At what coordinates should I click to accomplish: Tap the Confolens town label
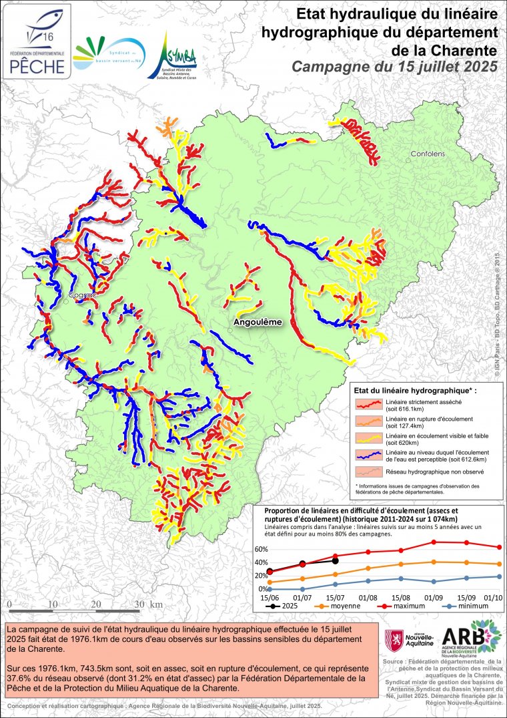[427, 154]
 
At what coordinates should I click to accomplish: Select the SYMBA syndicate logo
[171, 55]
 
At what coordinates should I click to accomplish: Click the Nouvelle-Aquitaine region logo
[410, 642]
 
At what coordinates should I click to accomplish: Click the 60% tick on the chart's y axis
[261, 550]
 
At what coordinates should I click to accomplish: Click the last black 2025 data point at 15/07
[335, 561]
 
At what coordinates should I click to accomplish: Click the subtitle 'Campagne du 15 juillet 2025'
[395, 67]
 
